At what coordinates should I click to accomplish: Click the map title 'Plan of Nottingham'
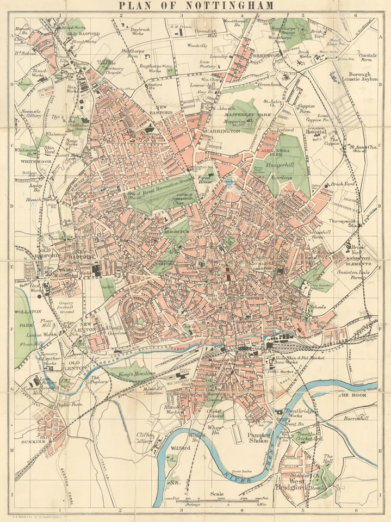[x=196, y=6]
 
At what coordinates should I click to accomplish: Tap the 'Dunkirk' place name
[x=33, y=443]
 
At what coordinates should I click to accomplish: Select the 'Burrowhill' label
[x=356, y=419]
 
